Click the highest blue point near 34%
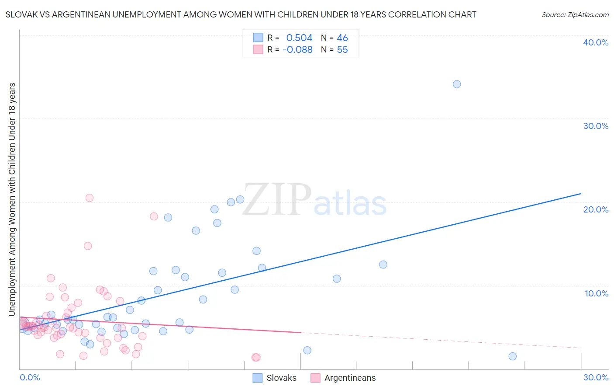click(457, 84)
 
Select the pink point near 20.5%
click(90, 198)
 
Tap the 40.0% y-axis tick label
click(596, 42)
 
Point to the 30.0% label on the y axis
click(596, 126)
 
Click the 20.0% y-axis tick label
click(596, 209)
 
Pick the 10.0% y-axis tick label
click(596, 293)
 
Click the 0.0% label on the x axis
click(30, 377)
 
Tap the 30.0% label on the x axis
click(596, 377)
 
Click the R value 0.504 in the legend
click(299, 38)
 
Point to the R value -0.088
click(297, 50)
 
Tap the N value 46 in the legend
click(342, 38)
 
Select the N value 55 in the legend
click(342, 50)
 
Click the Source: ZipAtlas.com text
click(575, 14)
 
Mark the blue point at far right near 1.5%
click(513, 356)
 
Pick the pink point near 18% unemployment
click(154, 216)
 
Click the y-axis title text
click(12, 199)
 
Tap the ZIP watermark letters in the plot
click(277, 200)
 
